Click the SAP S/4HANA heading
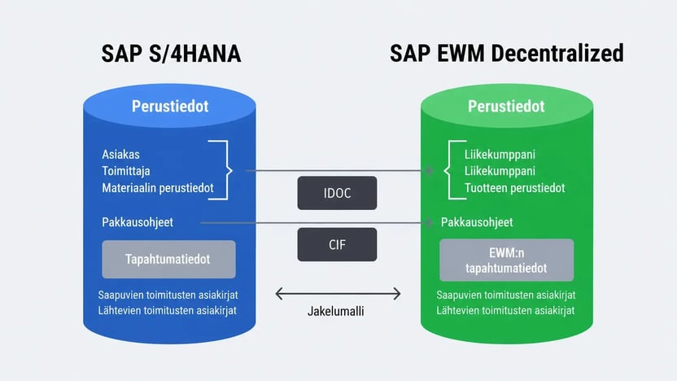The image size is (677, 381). pos(171,54)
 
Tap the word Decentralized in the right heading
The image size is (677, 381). pos(557,53)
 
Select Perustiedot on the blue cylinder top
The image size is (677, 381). pos(170,107)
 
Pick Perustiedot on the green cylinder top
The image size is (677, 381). pos(506,107)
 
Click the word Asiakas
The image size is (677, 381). pos(121,154)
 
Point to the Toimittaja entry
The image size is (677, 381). pos(126,171)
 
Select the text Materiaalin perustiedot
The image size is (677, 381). pos(158,188)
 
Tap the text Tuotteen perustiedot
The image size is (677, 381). pos(514,188)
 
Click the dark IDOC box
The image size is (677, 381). pos(337,193)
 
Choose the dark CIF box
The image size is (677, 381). pos(337,244)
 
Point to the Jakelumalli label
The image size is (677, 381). pos(335,311)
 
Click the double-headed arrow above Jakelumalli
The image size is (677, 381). pos(338,294)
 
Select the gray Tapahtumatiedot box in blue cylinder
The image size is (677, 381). pos(168,259)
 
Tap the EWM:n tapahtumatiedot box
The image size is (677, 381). pos(506,260)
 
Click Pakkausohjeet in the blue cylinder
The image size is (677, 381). pos(138,222)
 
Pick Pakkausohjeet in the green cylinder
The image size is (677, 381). pos(477,222)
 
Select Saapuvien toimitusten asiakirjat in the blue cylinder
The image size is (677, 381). pos(168,295)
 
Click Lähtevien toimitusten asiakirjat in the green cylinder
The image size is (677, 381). pos(505,311)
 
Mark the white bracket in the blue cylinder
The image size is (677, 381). pos(228,170)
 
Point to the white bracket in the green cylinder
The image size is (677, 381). pos(449,170)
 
